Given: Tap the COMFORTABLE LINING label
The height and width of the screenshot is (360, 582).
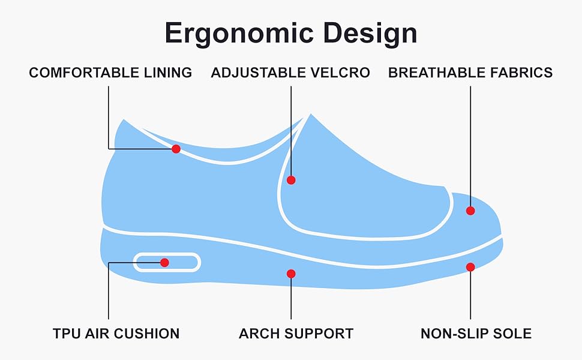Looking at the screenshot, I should [110, 73].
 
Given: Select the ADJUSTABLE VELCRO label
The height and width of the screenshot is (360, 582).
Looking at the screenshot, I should [290, 73].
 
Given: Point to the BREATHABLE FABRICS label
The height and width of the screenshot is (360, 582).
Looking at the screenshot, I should [470, 73].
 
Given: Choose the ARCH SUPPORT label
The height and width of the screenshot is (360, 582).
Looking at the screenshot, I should [296, 334].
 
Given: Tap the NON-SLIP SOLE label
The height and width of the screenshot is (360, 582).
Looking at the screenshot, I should [476, 334].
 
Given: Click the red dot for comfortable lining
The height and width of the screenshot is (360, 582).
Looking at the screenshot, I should [176, 149].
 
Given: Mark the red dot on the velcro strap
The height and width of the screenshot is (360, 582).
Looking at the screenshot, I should [291, 180].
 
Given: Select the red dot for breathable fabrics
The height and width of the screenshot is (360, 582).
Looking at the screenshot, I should [470, 211].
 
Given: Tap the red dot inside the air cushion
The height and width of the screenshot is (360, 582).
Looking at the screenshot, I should [164, 262].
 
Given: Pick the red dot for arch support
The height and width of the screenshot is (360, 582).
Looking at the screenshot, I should [291, 274].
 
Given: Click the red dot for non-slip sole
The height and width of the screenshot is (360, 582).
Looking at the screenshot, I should [470, 267].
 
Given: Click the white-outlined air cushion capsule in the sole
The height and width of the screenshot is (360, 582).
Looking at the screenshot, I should [186, 262].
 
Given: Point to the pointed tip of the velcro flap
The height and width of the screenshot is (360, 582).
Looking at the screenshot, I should [310, 115].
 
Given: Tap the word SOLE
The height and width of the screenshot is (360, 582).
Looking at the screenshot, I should [514, 334].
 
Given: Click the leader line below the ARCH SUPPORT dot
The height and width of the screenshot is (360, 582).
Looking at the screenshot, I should [291, 300].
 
